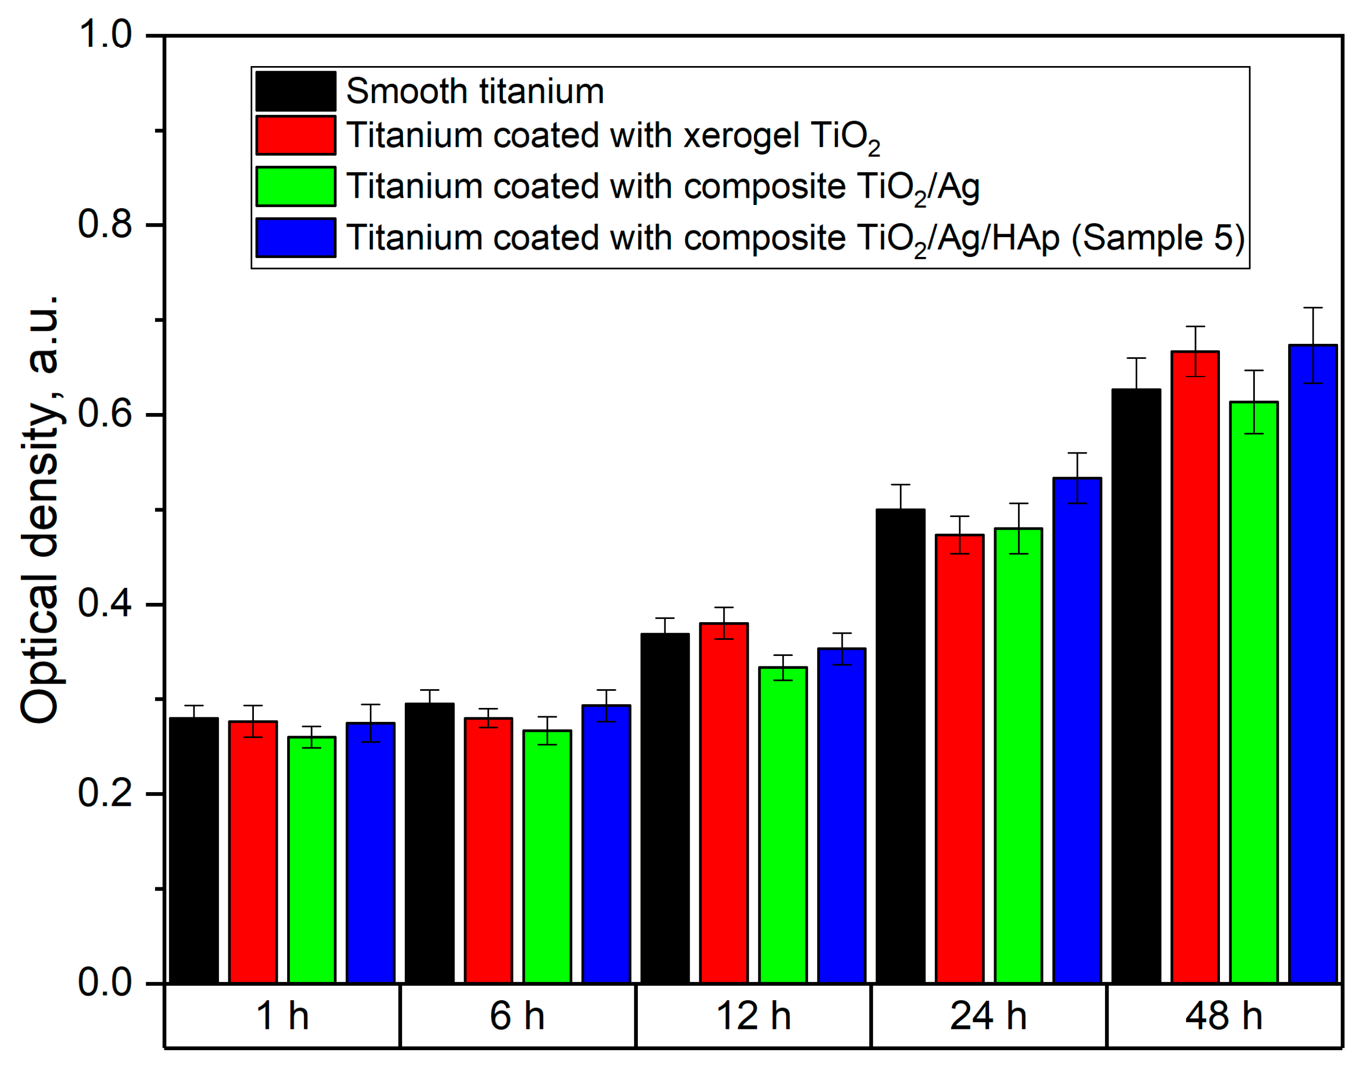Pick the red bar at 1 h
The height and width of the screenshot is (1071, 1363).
(x=253, y=853)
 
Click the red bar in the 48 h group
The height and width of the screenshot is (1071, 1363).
(x=1194, y=668)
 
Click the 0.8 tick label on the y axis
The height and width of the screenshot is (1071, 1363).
(x=105, y=225)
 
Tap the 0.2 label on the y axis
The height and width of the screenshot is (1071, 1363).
(x=105, y=793)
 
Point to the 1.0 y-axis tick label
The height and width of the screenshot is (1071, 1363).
(x=105, y=34)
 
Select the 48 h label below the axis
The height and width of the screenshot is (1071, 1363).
(x=1223, y=1016)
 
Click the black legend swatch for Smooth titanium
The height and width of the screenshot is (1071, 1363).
(x=295, y=92)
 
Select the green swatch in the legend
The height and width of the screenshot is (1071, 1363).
(x=295, y=186)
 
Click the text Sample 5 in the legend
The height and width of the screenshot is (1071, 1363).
(x=1158, y=238)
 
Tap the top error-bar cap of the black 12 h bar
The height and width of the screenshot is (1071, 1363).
(x=664, y=618)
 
